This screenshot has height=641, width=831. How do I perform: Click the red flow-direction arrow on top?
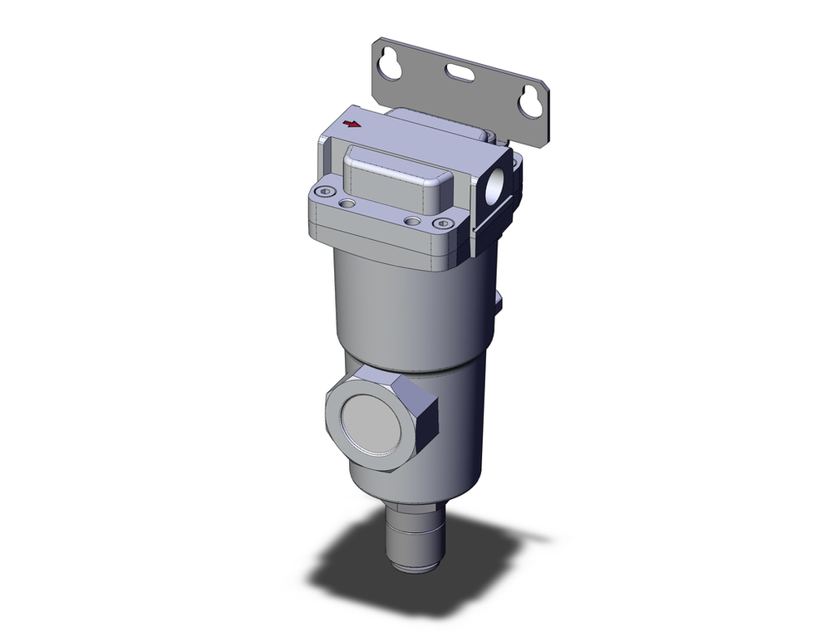click(352, 125)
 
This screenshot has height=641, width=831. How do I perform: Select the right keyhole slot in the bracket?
click(528, 100)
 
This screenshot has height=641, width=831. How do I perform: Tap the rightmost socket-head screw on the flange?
click(444, 223)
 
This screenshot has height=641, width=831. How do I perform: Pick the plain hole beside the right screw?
click(411, 221)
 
